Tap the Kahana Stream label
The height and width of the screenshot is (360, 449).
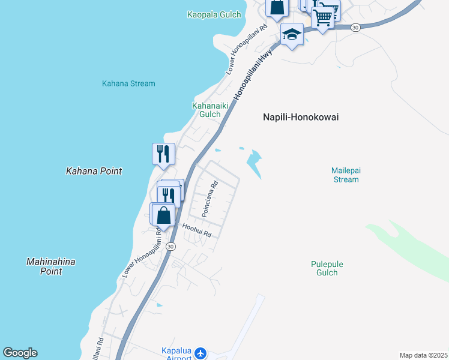tap(128, 83)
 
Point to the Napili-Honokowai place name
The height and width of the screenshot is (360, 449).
tap(301, 118)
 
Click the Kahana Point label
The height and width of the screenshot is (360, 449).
tap(94, 171)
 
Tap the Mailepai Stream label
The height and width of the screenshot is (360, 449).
tap(345, 175)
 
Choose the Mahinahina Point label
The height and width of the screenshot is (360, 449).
tap(52, 266)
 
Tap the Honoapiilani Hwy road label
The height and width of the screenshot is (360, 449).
tap(253, 74)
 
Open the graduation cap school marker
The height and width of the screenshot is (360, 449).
tap(292, 35)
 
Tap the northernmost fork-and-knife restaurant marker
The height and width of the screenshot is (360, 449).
tap(163, 154)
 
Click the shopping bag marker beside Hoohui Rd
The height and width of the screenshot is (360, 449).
tap(163, 214)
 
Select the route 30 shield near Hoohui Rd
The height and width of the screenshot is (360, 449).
tap(171, 247)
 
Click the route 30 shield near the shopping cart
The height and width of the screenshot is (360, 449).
tap(355, 28)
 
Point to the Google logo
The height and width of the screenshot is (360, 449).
tap(20, 353)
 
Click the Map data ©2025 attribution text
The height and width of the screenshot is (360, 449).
tap(423, 355)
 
